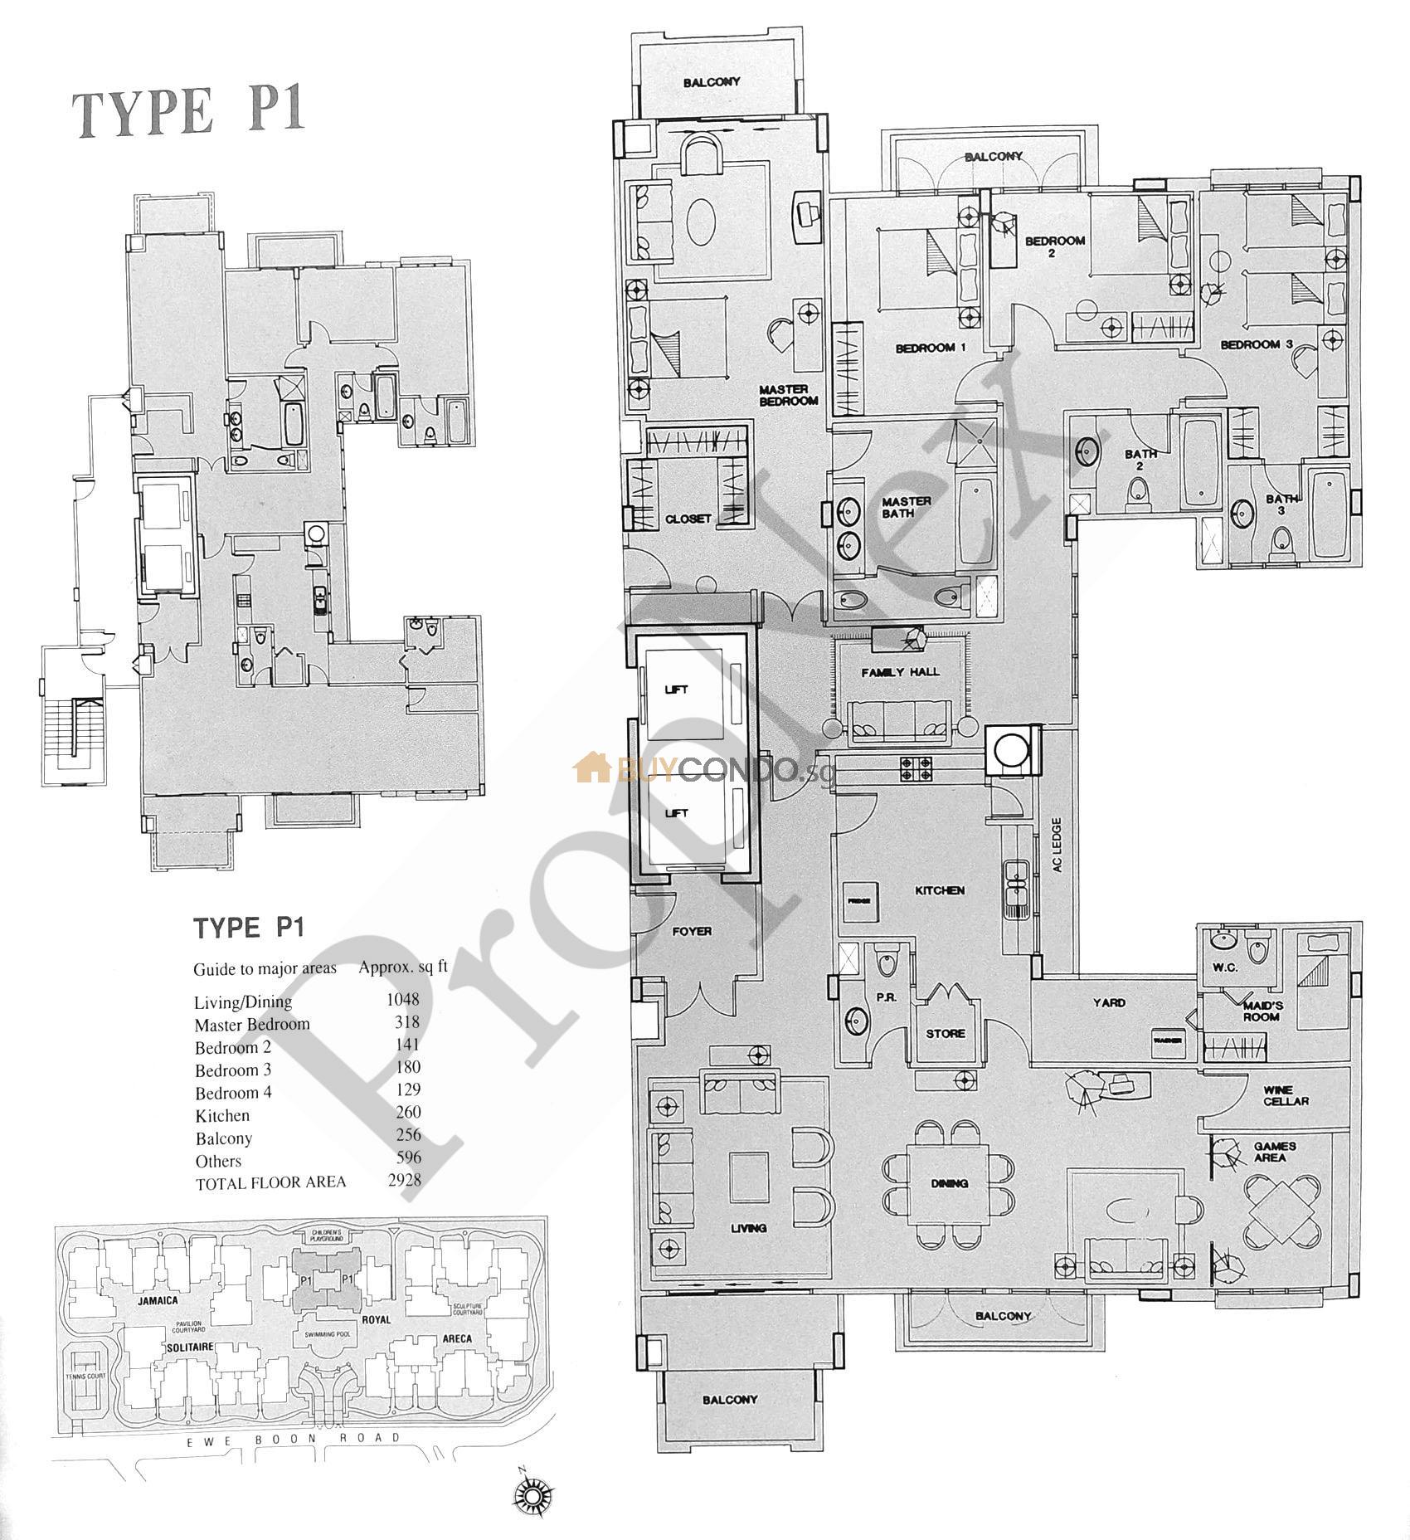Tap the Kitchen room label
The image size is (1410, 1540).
click(940, 890)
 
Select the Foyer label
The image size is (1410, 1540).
click(692, 931)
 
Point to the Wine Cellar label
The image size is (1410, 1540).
click(1286, 1095)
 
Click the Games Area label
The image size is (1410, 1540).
click(1275, 1152)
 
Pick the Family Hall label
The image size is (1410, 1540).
click(900, 671)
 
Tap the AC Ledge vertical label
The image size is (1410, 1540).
click(1056, 846)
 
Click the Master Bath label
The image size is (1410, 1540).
click(906, 507)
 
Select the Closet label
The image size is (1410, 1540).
click(688, 519)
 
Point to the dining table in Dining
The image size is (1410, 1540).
click(949, 1182)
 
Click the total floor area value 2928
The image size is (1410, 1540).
click(404, 1181)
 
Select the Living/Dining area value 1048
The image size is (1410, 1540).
click(403, 999)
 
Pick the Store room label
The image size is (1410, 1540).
click(946, 1033)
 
